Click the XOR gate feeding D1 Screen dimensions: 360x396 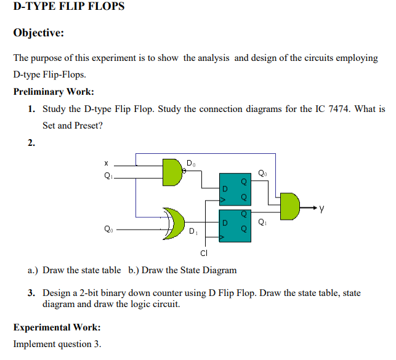(175, 224)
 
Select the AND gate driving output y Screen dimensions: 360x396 (290, 206)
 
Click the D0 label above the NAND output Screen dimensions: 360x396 (191, 163)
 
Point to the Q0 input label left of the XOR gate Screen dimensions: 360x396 (108, 231)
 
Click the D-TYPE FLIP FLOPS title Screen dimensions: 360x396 (68, 7)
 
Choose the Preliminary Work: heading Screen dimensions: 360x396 (54, 92)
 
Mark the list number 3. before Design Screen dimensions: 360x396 (32, 293)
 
